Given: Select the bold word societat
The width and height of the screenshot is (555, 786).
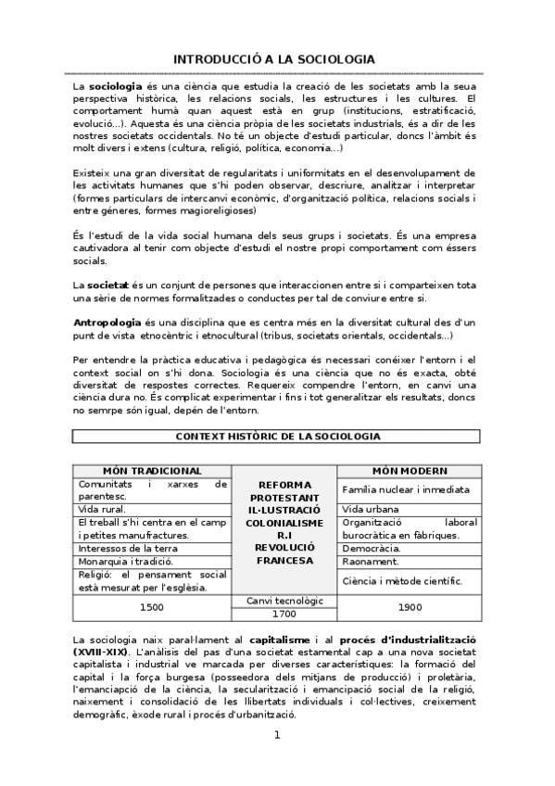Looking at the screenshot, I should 107,282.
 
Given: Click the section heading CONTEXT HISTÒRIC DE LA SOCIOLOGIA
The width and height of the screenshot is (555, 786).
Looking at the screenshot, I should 277,436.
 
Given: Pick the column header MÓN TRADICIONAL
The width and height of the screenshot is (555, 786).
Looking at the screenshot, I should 152,471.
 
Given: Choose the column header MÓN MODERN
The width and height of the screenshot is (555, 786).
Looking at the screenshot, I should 409,471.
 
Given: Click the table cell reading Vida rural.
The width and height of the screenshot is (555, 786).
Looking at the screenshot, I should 102,509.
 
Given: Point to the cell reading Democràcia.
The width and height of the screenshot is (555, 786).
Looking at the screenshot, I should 372,548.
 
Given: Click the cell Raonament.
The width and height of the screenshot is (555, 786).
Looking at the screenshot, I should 371,561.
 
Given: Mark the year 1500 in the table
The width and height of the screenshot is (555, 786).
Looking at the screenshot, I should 152,607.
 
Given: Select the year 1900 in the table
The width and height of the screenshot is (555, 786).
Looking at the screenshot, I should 409,607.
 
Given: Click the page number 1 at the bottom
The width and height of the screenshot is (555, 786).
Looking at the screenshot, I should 276,736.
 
